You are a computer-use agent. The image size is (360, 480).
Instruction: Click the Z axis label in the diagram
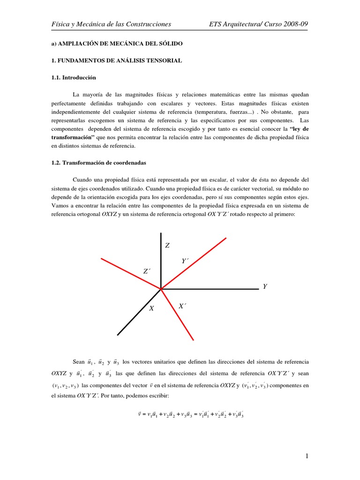click(x=167, y=246)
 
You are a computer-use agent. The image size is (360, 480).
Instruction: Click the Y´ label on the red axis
click(x=185, y=261)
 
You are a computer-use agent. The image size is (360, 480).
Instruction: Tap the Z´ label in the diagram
click(x=147, y=271)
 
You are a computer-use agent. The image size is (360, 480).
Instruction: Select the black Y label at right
click(x=265, y=286)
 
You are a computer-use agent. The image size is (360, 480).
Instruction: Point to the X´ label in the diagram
click(x=182, y=306)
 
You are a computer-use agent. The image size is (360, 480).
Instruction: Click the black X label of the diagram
click(x=151, y=308)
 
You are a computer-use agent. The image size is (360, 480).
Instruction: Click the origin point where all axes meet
click(x=161, y=289)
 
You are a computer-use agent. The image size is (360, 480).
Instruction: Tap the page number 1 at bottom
click(x=306, y=456)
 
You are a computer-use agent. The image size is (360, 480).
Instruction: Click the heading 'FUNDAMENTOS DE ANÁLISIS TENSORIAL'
click(x=119, y=61)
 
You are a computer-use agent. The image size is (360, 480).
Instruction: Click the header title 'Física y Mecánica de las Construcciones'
click(x=111, y=24)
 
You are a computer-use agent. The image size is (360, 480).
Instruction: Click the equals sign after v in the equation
click(x=143, y=415)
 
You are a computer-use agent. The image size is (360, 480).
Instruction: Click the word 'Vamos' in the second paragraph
click(x=60, y=205)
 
